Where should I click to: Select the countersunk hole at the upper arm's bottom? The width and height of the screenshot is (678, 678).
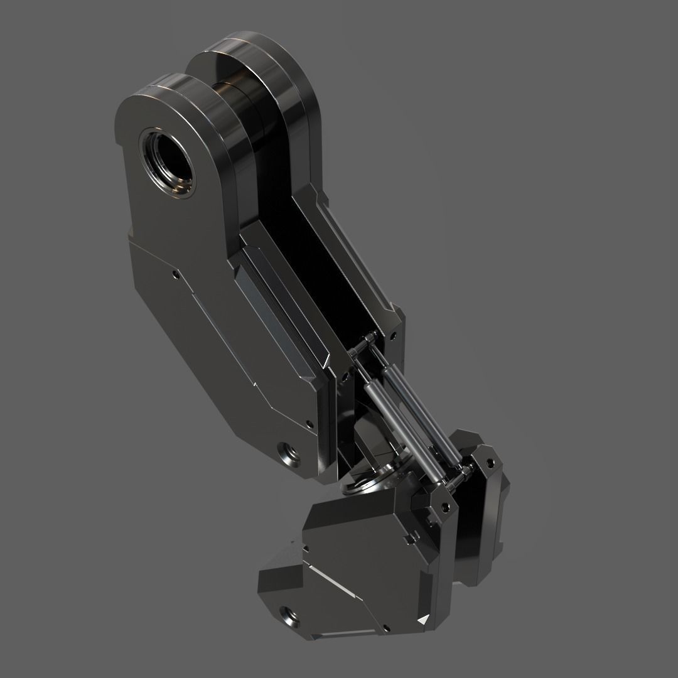point(289,450)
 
